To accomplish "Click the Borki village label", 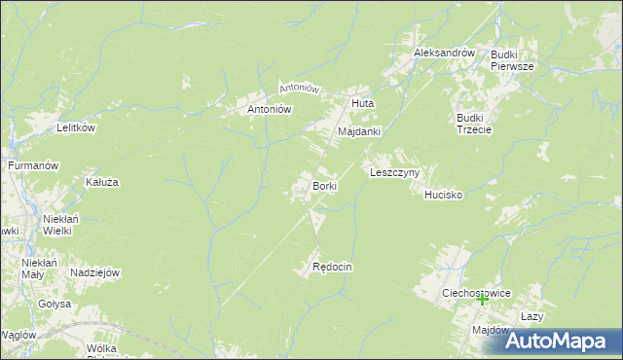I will (x=324, y=185).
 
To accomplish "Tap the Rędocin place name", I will (x=331, y=267).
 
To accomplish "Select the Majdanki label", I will (x=359, y=130).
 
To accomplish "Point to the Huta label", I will (x=362, y=102).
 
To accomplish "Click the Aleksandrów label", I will (x=443, y=53).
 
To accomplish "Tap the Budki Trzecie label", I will (x=475, y=124).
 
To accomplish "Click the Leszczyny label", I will (x=394, y=172).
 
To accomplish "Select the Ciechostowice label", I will (x=476, y=292).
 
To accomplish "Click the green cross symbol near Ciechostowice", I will (x=482, y=301).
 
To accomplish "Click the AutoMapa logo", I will (x=563, y=341).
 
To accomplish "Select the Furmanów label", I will (x=34, y=166).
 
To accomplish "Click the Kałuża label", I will (x=102, y=182).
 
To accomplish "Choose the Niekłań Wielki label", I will (x=59, y=225).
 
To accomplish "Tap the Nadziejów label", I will (x=94, y=272).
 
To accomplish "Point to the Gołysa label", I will (x=55, y=304).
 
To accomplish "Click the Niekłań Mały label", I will (x=40, y=268).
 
